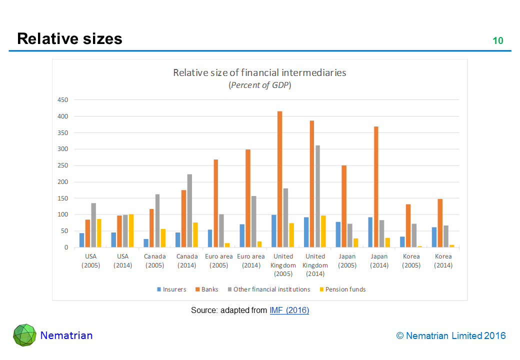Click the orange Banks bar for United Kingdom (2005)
pos(280,179)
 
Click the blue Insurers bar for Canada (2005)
pos(145,243)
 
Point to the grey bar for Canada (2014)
pos(189,210)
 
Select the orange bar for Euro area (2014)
pos(248,198)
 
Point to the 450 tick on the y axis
pos(62,100)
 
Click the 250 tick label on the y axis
pos(62,165)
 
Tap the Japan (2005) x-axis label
pos(347,261)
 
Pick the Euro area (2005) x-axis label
pos(219,261)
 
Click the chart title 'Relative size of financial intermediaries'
pos(259,72)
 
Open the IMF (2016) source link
pos(289,310)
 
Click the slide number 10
pos(498,41)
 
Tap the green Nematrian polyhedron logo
pos(24,335)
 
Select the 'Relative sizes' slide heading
pos(69,38)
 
